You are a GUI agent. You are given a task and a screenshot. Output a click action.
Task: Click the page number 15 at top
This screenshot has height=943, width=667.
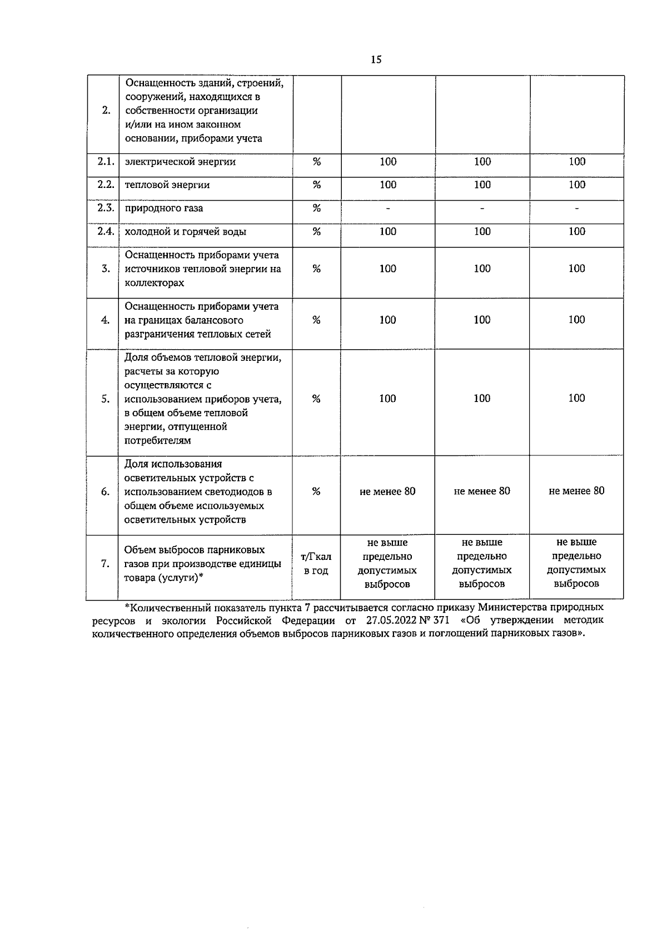click(x=376, y=59)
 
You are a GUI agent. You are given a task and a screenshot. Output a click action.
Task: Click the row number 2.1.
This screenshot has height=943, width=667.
click(x=106, y=161)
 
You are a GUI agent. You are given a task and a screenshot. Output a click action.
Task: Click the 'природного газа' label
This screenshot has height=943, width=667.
click(x=164, y=209)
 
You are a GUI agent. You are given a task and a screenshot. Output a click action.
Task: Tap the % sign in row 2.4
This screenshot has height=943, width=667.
click(x=316, y=231)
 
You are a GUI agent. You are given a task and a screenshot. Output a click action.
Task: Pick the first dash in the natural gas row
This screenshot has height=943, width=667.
click(x=388, y=209)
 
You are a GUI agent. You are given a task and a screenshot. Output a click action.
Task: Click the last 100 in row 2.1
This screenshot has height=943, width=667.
click(x=576, y=161)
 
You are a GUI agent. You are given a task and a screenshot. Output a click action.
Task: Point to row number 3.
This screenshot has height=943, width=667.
click(x=106, y=269)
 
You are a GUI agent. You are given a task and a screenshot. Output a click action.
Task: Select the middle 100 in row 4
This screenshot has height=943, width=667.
click(x=482, y=320)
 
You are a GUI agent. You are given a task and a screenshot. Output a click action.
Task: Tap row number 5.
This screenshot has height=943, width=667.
click(x=106, y=399)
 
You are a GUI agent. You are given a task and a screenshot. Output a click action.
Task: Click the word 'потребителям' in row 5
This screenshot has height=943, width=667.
click(x=158, y=441)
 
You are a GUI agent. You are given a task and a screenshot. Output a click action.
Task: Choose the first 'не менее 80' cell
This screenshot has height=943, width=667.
click(x=387, y=492)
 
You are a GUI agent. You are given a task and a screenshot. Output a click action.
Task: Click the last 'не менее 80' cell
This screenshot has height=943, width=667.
click(x=576, y=491)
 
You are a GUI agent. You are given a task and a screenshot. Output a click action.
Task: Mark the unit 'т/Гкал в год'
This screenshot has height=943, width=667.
click(x=316, y=564)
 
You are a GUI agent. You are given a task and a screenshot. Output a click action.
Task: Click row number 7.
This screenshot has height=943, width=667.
click(x=106, y=564)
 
